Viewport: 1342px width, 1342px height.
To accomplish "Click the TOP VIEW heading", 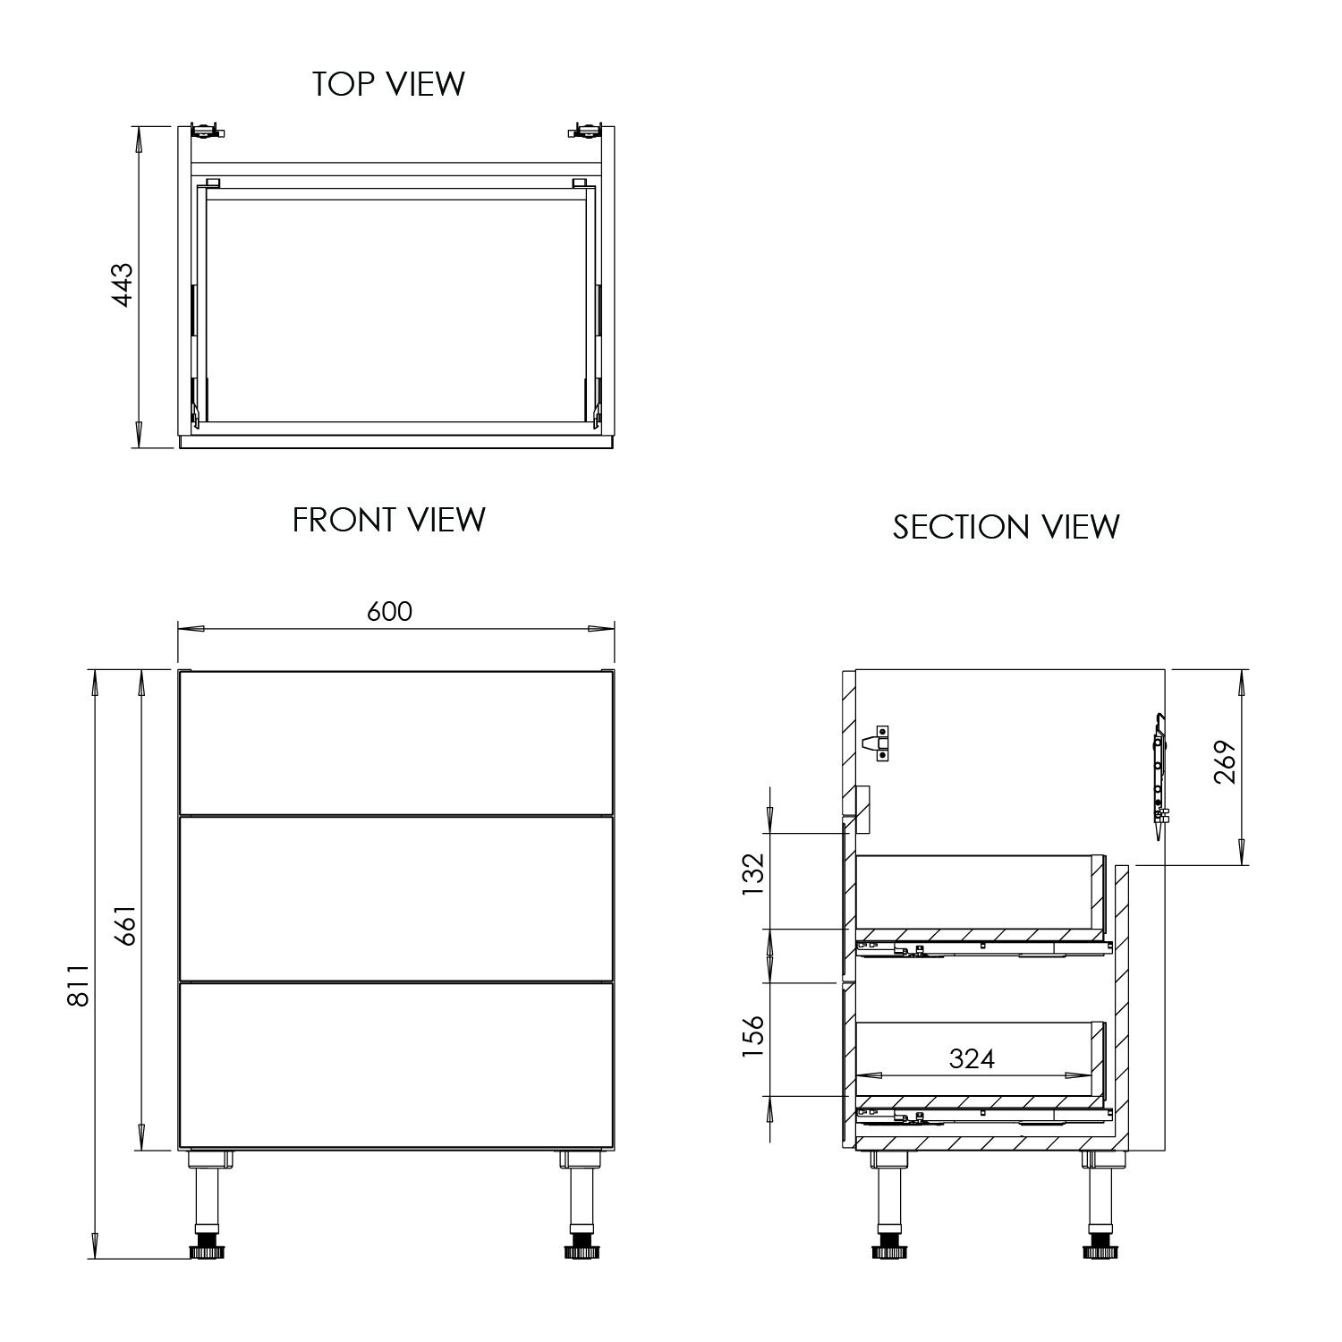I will [x=388, y=84].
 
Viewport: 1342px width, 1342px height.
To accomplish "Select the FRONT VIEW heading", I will [x=388, y=520].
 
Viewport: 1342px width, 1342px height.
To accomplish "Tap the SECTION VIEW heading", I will [x=1006, y=527].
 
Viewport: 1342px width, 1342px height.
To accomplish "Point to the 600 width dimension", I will [x=390, y=611].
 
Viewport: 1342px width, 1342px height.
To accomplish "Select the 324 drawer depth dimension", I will [x=972, y=1059].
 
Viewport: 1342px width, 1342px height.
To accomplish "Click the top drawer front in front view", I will [x=395, y=742].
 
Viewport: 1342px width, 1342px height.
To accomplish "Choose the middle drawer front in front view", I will [x=395, y=898].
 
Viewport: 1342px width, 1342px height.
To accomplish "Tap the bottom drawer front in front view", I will [x=395, y=1066].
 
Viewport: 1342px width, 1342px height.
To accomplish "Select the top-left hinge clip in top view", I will [x=208, y=131].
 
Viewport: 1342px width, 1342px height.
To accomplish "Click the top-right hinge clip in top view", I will [x=585, y=131].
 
